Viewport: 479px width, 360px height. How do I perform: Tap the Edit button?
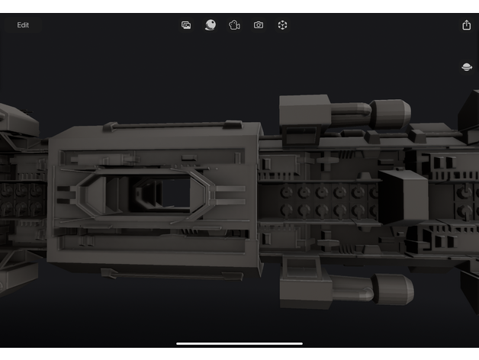[x=23, y=25]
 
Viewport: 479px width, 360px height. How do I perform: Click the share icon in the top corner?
[x=466, y=24]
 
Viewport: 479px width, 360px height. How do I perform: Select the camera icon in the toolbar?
[x=259, y=24]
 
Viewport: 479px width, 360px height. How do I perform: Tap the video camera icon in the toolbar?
[x=234, y=25]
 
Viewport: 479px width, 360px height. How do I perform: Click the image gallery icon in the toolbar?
[x=186, y=25]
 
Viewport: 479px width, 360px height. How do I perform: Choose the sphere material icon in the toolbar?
[x=211, y=24]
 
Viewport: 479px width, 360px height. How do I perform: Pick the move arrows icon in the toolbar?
[x=282, y=25]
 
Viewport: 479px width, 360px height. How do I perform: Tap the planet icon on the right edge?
[x=467, y=67]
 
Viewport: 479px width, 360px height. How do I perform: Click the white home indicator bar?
[x=239, y=343]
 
